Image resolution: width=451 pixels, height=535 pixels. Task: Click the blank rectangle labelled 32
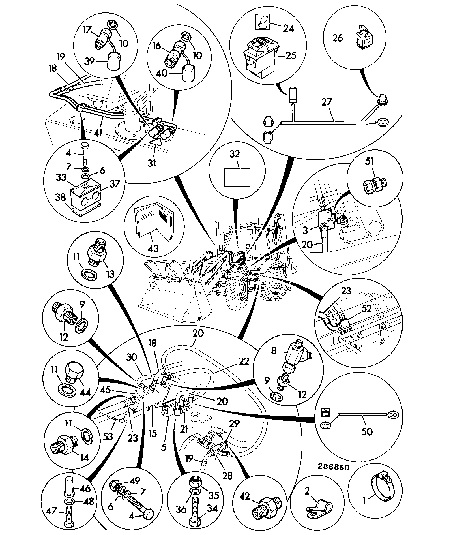coord(237,177)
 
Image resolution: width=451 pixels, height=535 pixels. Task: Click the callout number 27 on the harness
coord(327,102)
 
